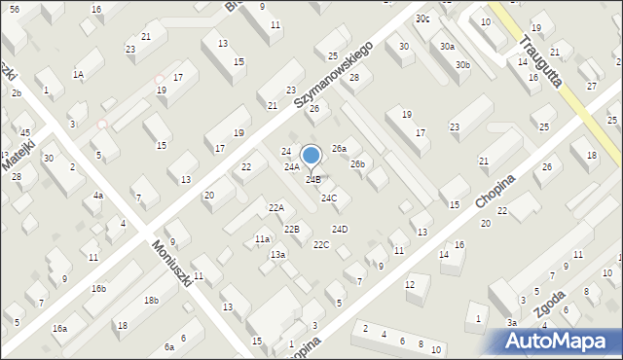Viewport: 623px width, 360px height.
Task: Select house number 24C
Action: coord(329,198)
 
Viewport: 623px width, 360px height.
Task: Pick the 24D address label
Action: coord(339,229)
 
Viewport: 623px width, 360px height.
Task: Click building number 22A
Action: coord(276,208)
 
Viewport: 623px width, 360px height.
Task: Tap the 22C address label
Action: coord(321,244)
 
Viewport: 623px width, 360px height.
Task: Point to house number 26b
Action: coord(358,163)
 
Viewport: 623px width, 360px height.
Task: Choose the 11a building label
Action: coord(262,238)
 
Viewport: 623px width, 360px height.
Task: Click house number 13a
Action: coord(278,254)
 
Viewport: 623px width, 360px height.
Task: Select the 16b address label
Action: coord(99,289)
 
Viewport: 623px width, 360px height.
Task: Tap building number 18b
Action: coord(151,301)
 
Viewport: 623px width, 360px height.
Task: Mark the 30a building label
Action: coord(447,46)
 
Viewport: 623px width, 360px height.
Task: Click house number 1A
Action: coord(78,74)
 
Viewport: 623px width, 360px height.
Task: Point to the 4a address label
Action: coord(97,196)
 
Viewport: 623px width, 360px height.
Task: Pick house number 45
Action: coord(26,132)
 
